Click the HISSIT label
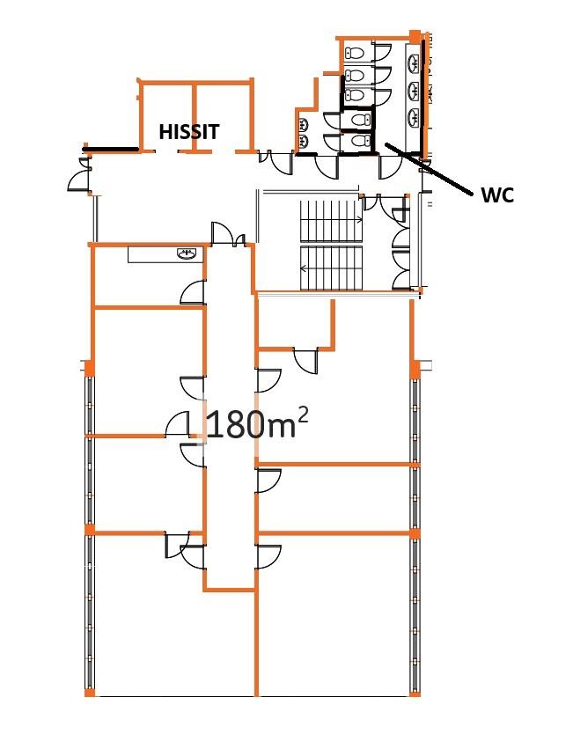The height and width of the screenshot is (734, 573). point(189,132)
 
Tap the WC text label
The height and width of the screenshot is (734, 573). point(497,195)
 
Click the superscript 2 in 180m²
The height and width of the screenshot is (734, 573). point(303,415)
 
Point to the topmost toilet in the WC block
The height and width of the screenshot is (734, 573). point(356,53)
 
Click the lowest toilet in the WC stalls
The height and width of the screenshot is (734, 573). point(359,141)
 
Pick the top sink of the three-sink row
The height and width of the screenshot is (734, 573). point(414,63)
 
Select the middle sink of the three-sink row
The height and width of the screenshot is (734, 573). point(414,91)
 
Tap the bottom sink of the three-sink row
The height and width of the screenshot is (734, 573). point(414,117)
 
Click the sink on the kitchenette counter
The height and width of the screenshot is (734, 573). point(187,254)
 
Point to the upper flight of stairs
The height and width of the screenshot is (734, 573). point(331,221)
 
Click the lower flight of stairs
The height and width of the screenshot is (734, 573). point(331,268)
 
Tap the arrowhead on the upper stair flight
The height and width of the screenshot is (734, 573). point(359,218)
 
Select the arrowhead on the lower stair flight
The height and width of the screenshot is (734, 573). point(303,268)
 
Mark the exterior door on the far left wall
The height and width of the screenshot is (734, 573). point(79,175)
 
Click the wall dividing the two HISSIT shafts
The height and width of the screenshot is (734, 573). point(194,117)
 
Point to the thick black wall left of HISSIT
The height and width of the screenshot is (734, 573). point(111,150)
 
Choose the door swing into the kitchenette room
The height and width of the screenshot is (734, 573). point(193,292)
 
